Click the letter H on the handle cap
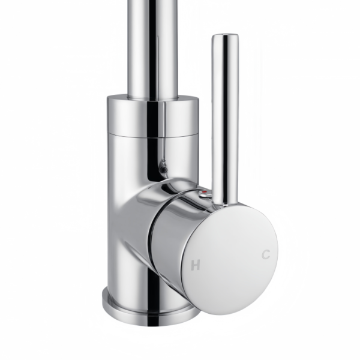pyautogui.click(x=196, y=265)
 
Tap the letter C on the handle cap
pyautogui.click(x=266, y=254)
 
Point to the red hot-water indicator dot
pyautogui.click(x=205, y=191)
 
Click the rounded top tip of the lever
pyautogui.click(x=225, y=36)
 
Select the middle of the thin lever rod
pyautogui.click(x=225, y=119)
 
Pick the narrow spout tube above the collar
pyautogui.click(x=153, y=48)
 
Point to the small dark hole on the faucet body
pyautogui.click(x=163, y=169)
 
